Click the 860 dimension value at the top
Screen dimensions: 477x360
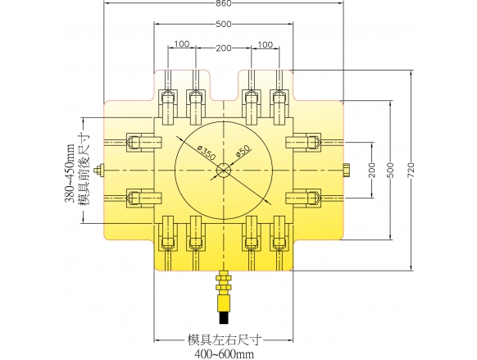coord(224,3)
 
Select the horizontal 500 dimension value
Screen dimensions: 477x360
coord(224,24)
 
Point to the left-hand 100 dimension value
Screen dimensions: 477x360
coord(182,44)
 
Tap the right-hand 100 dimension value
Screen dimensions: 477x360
coord(266,45)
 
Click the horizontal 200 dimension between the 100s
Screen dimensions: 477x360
coord(224,48)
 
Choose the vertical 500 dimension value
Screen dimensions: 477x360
coord(391,171)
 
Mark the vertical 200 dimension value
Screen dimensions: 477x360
coord(371,171)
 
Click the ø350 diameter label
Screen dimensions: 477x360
coord(207,153)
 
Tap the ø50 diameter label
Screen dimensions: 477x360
coord(243,151)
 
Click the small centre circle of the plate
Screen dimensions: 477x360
coord(224,171)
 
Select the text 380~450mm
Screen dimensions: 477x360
coord(70,172)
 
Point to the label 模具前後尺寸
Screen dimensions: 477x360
coord(84,171)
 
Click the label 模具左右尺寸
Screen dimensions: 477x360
coord(224,340)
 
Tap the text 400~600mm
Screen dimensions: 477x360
coord(224,354)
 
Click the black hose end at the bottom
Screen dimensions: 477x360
coord(224,317)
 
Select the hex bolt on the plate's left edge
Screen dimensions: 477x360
coord(99,171)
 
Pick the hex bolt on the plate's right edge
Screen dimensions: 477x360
coord(348,171)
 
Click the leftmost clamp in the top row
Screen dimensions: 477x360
coord(168,107)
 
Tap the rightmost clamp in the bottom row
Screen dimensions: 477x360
coord(279,234)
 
